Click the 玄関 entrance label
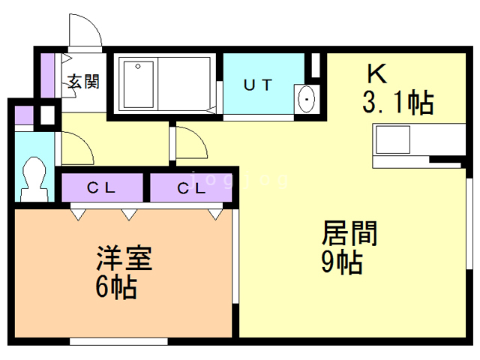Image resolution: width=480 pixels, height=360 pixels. [x=83, y=82]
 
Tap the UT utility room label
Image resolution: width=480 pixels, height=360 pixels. [x=258, y=85]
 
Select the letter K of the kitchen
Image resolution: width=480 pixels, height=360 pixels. [x=376, y=73]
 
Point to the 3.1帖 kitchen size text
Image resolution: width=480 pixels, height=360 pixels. [x=398, y=102]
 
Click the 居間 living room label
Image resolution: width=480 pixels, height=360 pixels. [x=349, y=233]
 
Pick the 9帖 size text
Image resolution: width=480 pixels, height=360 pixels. [x=342, y=262]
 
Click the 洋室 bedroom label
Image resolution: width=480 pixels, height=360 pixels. [x=124, y=258]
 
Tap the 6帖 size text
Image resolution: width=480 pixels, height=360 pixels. [x=116, y=286]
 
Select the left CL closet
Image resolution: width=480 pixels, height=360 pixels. [x=102, y=187]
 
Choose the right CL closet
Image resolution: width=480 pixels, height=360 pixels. [x=190, y=187]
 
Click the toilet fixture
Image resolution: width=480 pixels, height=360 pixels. [x=34, y=179]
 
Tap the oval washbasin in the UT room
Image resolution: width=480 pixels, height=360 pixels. [x=306, y=99]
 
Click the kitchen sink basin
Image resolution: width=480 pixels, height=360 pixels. [x=393, y=139]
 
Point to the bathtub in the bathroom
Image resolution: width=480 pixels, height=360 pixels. [x=138, y=85]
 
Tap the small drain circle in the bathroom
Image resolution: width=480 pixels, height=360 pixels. [x=138, y=67]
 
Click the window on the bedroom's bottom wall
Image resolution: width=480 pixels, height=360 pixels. [x=118, y=341]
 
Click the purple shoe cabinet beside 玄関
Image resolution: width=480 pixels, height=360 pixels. [x=47, y=76]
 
